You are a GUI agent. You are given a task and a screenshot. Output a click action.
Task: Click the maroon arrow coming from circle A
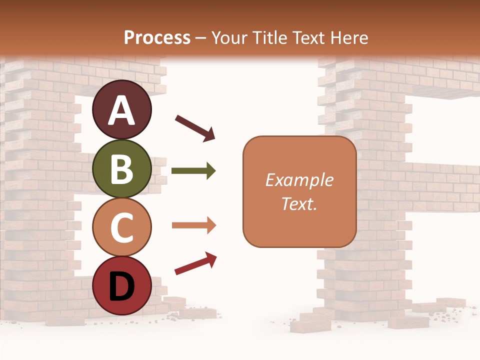(x=195, y=127)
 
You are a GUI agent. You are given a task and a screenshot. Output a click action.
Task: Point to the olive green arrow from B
(x=193, y=171)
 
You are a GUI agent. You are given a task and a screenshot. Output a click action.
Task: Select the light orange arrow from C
(x=193, y=225)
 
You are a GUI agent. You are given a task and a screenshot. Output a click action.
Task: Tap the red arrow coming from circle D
(x=195, y=263)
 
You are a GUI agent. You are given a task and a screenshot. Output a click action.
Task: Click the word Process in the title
(x=157, y=37)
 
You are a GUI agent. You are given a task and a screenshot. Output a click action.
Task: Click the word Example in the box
(x=299, y=180)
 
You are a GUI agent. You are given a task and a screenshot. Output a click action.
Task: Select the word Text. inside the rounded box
(x=299, y=203)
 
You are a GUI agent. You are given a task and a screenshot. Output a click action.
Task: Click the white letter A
(x=121, y=110)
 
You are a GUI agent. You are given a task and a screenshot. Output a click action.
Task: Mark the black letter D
(x=121, y=286)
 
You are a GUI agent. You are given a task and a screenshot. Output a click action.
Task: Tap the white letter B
(x=121, y=169)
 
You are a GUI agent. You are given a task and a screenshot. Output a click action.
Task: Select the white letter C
(x=121, y=228)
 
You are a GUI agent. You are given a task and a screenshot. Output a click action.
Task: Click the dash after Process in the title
(x=201, y=38)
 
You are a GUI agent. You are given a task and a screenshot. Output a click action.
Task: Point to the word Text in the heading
(x=309, y=37)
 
